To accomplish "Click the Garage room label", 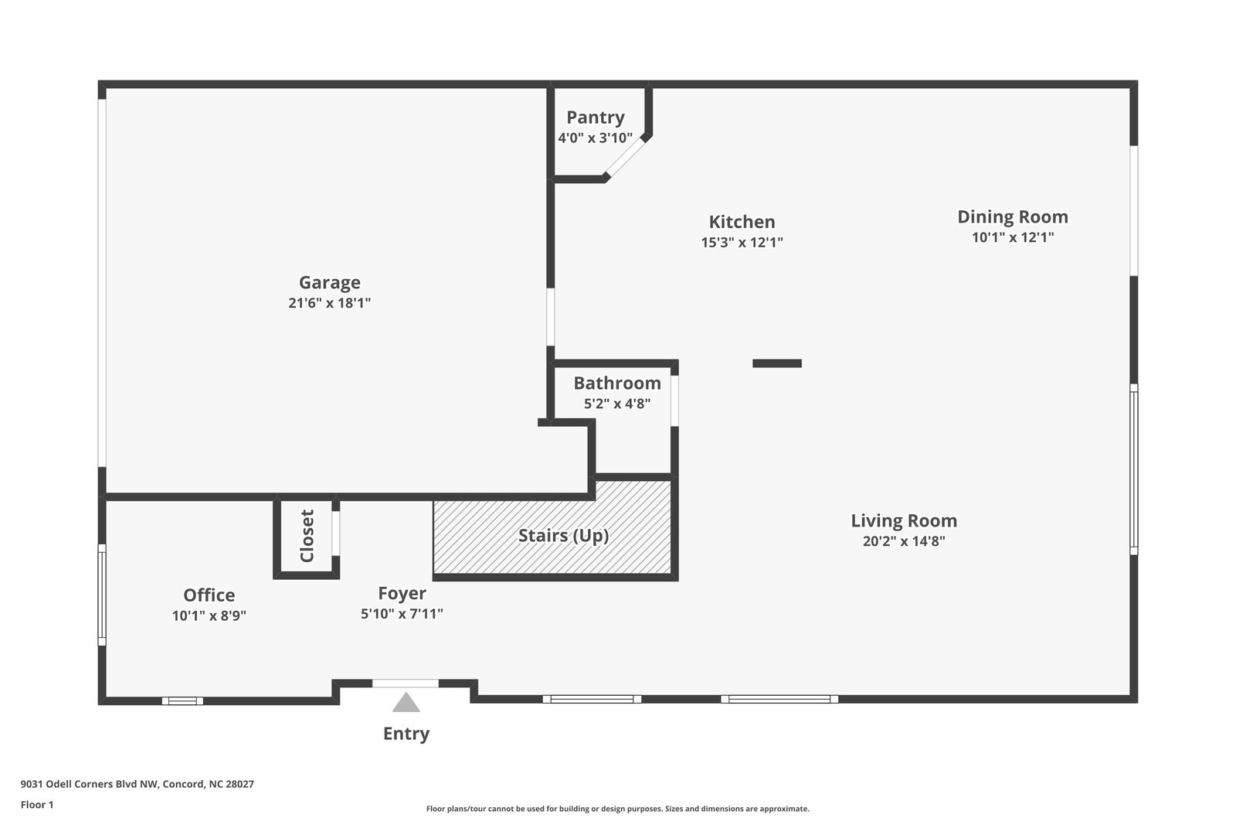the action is click(330, 283).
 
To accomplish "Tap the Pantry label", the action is click(595, 118).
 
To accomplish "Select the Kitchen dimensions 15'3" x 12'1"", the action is click(742, 242).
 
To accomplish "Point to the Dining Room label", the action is click(1012, 217).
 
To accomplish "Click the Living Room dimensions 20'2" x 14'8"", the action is click(904, 541).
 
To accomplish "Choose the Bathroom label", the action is click(616, 384).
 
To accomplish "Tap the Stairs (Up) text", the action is click(563, 536).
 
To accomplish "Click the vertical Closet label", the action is click(307, 536).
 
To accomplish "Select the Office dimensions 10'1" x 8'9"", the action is click(209, 616).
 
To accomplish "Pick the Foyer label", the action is click(402, 594).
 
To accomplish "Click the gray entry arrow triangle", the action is click(406, 704).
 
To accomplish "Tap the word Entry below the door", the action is click(406, 734).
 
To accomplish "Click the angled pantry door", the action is click(625, 159).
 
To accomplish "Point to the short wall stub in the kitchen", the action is click(777, 363).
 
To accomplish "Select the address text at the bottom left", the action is click(138, 784).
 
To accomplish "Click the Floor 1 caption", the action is click(37, 805).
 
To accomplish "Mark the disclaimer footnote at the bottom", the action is click(617, 809).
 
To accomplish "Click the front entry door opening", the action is click(406, 684).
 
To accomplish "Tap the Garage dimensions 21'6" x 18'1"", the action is click(330, 303).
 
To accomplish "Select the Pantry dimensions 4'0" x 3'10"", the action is click(595, 138).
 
